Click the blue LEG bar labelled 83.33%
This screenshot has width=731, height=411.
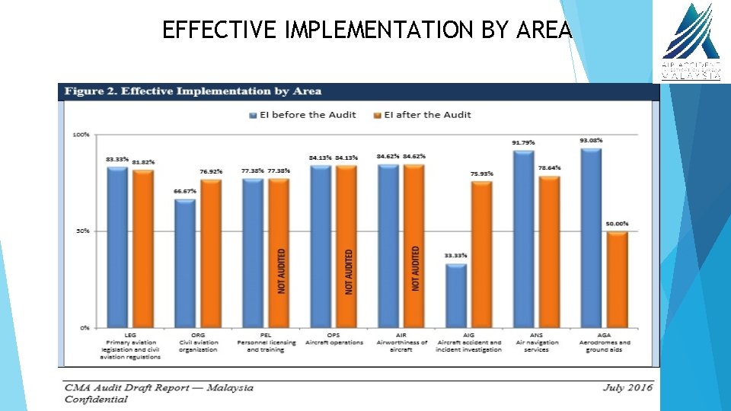117,247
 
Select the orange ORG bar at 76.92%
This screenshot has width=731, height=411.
210,253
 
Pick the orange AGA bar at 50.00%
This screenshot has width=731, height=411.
616,279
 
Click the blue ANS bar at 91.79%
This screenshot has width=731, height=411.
523,239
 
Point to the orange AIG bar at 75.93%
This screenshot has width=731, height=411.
481,254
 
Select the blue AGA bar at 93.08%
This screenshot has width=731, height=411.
591,237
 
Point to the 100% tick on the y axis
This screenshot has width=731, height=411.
81,135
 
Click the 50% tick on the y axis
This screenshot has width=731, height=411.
81,231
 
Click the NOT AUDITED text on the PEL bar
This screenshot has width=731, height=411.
282,271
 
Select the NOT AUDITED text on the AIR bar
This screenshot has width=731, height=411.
416,268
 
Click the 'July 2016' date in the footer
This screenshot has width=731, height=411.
627,387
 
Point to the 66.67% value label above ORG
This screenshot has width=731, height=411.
185,191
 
